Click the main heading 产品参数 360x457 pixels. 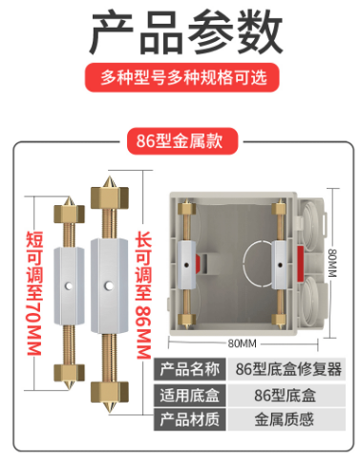point(186,32)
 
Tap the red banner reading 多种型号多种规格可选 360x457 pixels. point(181,77)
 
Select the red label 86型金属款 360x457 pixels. point(182,141)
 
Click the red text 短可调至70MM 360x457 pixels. point(34,293)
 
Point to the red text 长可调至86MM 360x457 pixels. point(143,296)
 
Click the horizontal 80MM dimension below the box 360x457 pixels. point(243,343)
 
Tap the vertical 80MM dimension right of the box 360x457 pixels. point(332,263)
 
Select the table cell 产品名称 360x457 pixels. point(190,369)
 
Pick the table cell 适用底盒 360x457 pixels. point(190,395)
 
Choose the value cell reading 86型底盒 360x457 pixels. point(286,395)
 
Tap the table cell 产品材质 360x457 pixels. point(190,420)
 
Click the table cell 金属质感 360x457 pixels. point(285,420)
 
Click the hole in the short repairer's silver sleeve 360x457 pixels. point(69,286)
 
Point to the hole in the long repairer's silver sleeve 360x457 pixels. point(109,286)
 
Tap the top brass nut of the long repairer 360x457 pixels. point(110,197)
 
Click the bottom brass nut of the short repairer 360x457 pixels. point(69,372)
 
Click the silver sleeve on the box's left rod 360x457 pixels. point(186,265)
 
